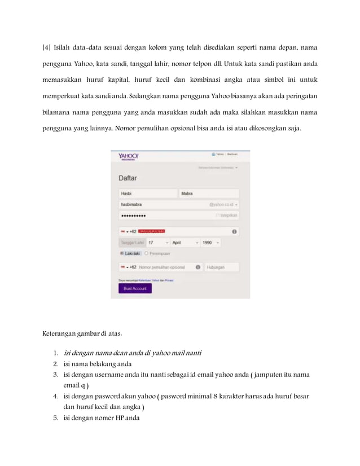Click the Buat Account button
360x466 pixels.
coord(135,288)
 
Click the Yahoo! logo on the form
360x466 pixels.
coord(129,156)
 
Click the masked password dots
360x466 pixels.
coord(133,216)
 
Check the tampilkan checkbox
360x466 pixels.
coord(217,215)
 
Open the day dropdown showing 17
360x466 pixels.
coord(158,243)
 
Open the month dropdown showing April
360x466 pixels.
coord(185,243)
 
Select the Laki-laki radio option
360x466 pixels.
coord(122,254)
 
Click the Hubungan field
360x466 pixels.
coord(221,267)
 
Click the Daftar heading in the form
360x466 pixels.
coord(128,178)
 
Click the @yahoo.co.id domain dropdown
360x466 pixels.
coord(223,204)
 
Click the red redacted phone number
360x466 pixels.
coord(151,231)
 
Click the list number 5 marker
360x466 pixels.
coord(56,418)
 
